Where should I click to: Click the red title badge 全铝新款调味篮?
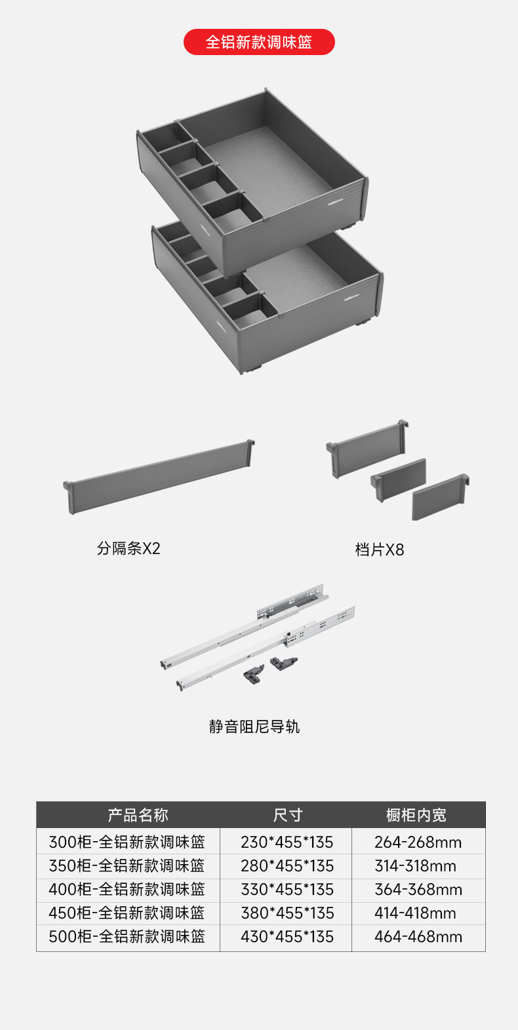coord(259,42)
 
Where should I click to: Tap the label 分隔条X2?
coord(129,548)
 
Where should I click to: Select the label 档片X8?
coord(380,549)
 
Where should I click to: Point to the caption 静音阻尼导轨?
coord(254,726)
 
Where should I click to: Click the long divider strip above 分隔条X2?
coord(159,477)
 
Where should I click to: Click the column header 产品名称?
coord(138,815)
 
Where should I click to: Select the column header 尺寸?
coord(287,815)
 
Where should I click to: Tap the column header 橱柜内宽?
coord(416,815)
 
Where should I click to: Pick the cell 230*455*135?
coord(287,842)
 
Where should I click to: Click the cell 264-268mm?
coord(418,842)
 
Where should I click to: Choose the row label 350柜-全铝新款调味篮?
coord(127,866)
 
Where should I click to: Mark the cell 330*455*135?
coord(287,890)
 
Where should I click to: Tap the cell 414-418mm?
coord(415,913)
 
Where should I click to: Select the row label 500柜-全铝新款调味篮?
coord(127,937)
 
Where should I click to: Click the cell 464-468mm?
coord(418,937)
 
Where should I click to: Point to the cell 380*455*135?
coord(287,913)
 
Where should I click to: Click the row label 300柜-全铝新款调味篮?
coord(127,842)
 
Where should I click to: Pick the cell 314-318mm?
coord(415,866)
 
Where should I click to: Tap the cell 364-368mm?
coord(418,890)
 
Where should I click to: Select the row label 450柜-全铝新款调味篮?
coord(127,913)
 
